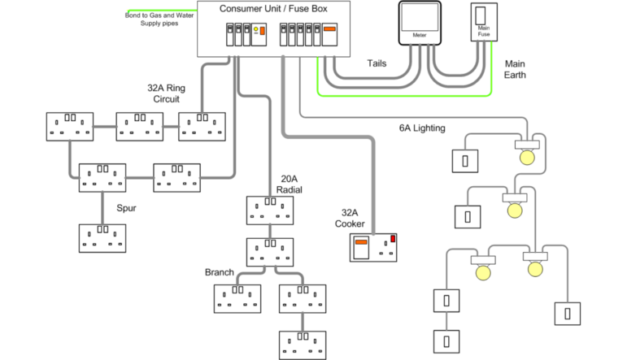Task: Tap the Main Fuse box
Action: (x=484, y=25)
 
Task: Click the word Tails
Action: (x=377, y=63)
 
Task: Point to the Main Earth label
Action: (x=515, y=69)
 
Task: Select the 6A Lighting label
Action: (x=422, y=128)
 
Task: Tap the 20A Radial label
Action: (x=290, y=184)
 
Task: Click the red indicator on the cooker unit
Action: (x=394, y=238)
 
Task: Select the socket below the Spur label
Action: (x=102, y=237)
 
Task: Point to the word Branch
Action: (x=220, y=272)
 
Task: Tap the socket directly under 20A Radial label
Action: (x=269, y=210)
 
